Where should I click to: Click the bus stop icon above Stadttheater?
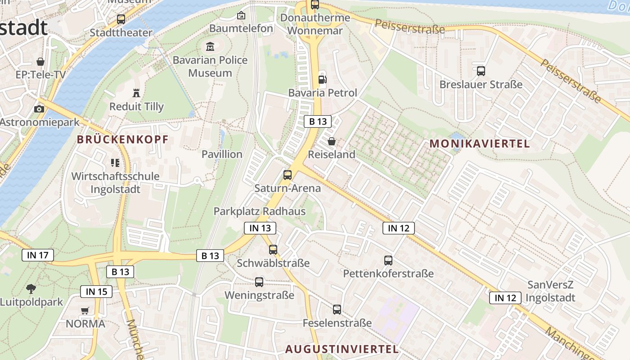coord(121,19)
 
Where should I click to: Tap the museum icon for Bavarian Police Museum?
coord(210,46)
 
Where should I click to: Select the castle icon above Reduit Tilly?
coord(136,93)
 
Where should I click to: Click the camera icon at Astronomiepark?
coord(39,108)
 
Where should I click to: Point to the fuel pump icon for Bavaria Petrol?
coord(322,80)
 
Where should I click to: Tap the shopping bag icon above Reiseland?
coord(332,141)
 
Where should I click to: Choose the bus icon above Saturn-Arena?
coord(287,175)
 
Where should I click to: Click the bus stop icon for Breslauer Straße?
coord(481,71)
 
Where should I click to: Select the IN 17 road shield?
coord(38,255)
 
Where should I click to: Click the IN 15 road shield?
coord(96,292)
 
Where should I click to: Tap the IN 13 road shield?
coord(260,228)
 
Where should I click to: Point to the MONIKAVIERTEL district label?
coord(480,144)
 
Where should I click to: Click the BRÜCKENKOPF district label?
coord(122,139)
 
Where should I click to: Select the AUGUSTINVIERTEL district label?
coord(342,349)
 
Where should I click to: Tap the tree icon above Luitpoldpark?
coord(31,289)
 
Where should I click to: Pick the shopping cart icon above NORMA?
coord(85,310)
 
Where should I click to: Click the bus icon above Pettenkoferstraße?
coord(388,260)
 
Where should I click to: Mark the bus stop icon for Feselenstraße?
coord(337,310)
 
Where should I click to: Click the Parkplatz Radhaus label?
coord(259,211)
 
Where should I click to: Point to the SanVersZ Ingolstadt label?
coord(550,291)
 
